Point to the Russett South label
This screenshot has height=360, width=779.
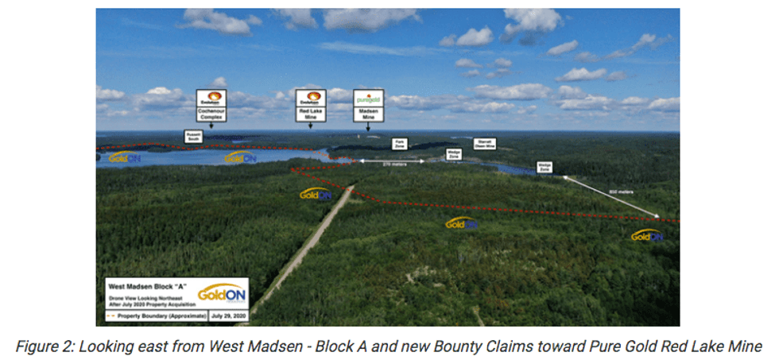(193, 136)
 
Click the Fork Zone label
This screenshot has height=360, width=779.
(400, 144)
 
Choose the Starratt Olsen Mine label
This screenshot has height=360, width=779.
(484, 144)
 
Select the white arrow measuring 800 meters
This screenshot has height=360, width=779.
(612, 198)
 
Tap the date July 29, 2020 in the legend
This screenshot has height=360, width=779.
(228, 315)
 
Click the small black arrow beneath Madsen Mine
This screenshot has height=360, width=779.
(368, 127)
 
